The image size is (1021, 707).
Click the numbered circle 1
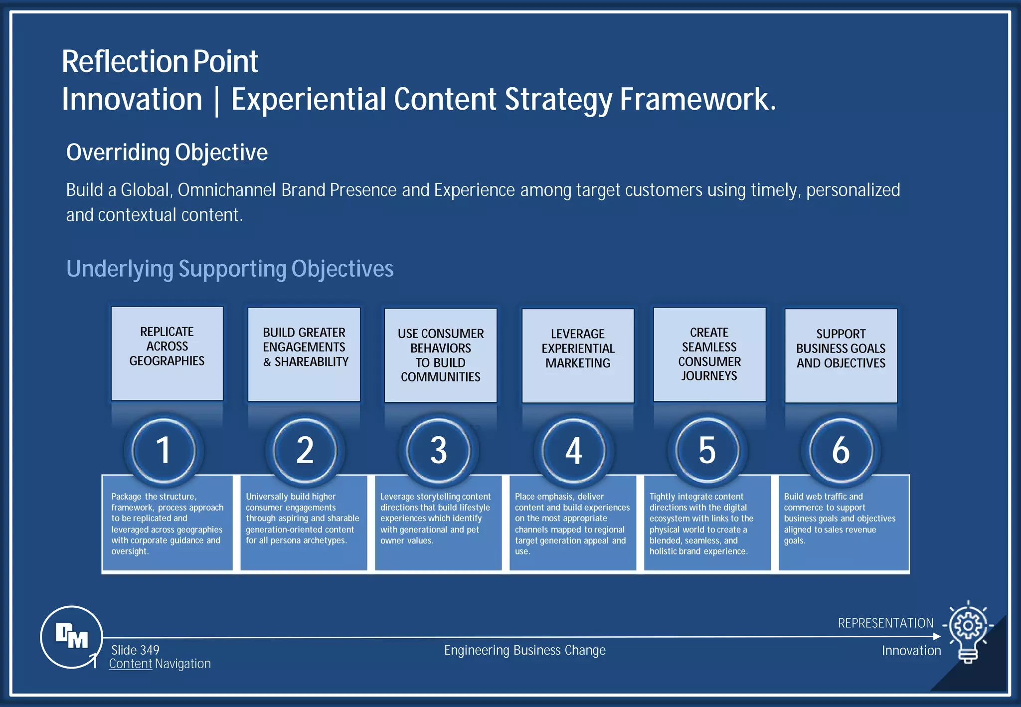(x=164, y=450)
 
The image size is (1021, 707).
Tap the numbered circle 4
(x=573, y=450)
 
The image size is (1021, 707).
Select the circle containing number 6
(x=841, y=450)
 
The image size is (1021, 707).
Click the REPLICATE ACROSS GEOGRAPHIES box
(x=167, y=353)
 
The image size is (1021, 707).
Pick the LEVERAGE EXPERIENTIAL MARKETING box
(x=578, y=355)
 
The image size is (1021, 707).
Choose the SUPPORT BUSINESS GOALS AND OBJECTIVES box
(x=841, y=355)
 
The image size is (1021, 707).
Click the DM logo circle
(x=71, y=637)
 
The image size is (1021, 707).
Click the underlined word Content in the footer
(x=131, y=664)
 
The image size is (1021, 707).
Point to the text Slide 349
(x=135, y=650)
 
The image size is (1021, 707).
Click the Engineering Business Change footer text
(x=524, y=650)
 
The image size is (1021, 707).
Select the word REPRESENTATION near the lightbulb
(x=885, y=623)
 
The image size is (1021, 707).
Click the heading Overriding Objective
(x=167, y=152)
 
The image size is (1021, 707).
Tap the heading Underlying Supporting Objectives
(x=230, y=269)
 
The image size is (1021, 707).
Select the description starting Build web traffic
(x=840, y=518)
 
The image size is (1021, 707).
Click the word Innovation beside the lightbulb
(x=911, y=650)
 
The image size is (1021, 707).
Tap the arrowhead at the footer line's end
(x=937, y=636)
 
